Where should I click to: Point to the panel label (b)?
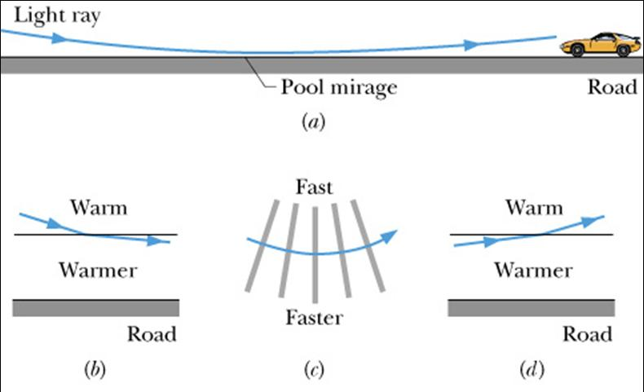tap(95, 371)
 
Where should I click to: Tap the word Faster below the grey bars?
tap(314, 317)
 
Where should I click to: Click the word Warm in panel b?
tap(99, 208)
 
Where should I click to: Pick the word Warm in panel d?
tap(534, 208)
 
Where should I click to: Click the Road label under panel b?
tap(152, 334)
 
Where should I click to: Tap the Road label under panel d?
tap(588, 334)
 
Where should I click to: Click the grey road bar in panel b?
tap(96, 307)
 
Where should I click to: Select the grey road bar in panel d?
tap(532, 307)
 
